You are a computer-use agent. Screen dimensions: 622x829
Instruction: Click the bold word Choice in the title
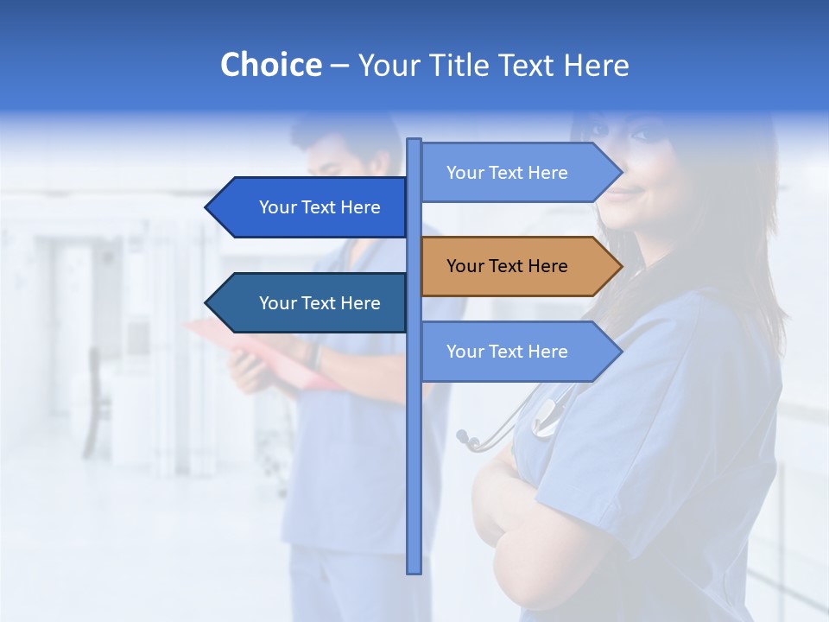(x=270, y=65)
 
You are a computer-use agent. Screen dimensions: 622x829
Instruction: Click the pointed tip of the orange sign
(x=621, y=266)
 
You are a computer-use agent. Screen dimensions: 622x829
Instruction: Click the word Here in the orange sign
(x=547, y=266)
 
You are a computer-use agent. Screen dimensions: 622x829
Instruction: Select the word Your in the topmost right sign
(x=465, y=173)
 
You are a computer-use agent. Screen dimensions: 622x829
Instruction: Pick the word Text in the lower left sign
(x=320, y=303)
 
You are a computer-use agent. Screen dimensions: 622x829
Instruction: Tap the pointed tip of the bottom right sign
(x=621, y=352)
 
